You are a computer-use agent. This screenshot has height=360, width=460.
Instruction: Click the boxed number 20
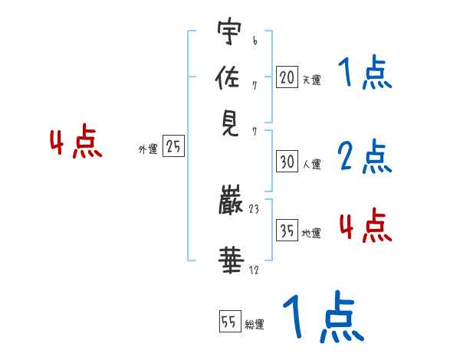pyautogui.click(x=287, y=77)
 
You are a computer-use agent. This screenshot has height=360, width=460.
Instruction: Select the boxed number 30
pyautogui.click(x=287, y=162)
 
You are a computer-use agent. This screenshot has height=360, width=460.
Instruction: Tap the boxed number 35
pyautogui.click(x=287, y=231)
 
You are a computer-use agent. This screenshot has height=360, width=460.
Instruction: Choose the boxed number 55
pyautogui.click(x=229, y=322)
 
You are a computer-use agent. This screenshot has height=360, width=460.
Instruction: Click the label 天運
pyautogui.click(x=311, y=80)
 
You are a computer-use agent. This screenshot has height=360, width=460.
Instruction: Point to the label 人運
pyautogui.click(x=311, y=164)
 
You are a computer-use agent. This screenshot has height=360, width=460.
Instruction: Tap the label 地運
pyautogui.click(x=311, y=234)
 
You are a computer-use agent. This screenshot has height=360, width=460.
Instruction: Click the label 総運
pyautogui.click(x=255, y=324)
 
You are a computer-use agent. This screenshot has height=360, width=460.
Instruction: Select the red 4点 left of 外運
pyautogui.click(x=75, y=144)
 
